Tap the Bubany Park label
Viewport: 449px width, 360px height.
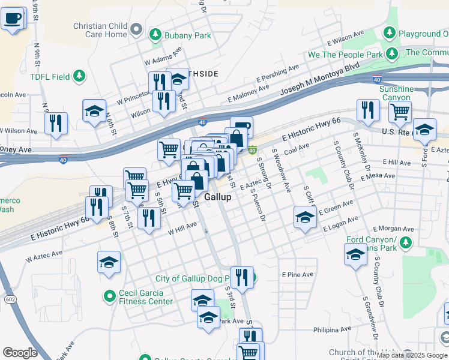pyautogui.click(x=189, y=35)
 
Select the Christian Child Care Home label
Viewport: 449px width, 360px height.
pyautogui.click(x=100, y=30)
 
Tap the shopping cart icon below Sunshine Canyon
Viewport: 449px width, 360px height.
pyautogui.click(x=399, y=111)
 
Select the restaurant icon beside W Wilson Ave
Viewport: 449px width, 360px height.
pyautogui.click(x=55, y=123)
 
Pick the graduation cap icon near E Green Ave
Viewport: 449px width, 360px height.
pyautogui.click(x=305, y=217)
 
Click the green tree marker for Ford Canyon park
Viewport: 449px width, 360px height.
pyautogui.click(x=405, y=242)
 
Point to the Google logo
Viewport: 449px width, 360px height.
pyautogui.click(x=20, y=352)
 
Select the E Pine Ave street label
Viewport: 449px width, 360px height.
pyautogui.click(x=298, y=274)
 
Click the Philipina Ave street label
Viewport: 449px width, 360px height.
pyautogui.click(x=332, y=330)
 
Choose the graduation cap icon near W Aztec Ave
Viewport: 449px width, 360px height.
pyautogui.click(x=109, y=262)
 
